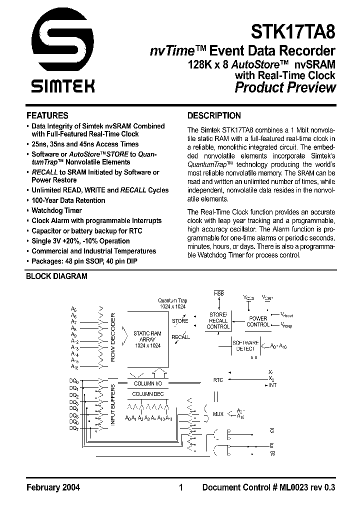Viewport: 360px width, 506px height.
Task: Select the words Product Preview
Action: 285,88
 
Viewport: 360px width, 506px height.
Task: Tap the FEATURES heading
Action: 47,115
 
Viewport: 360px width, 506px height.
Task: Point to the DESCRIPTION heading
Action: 213,115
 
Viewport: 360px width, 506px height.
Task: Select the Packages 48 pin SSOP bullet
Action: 84,261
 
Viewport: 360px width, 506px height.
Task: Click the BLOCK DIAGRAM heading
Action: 56,276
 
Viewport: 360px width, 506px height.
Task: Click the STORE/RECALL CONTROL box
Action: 218,320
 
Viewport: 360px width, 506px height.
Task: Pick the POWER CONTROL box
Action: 258,321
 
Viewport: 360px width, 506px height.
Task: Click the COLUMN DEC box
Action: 147,394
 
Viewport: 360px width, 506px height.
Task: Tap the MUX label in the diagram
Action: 218,414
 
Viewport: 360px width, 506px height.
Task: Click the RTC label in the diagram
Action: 218,380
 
